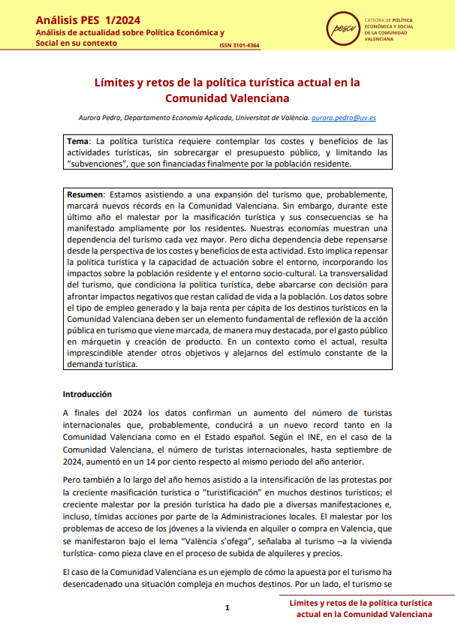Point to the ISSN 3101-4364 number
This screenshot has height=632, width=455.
point(240,45)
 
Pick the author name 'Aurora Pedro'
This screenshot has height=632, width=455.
point(100,118)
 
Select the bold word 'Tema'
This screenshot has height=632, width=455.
point(77,141)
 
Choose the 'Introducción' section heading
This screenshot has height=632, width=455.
point(87,394)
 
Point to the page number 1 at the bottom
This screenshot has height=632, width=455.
point(227,607)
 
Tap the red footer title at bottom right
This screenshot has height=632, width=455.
point(360,608)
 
